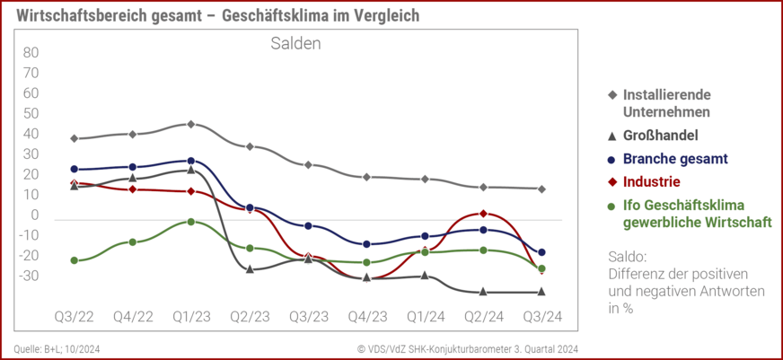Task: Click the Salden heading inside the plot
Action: point(295,43)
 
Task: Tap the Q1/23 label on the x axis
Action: point(190,317)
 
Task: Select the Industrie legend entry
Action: point(664,181)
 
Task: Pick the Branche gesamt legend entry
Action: point(674,159)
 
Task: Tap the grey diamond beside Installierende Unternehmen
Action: point(611,94)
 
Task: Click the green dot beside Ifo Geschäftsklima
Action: point(611,205)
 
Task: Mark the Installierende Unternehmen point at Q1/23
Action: point(190,124)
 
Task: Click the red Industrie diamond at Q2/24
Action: point(483,214)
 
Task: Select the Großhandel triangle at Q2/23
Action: point(250,268)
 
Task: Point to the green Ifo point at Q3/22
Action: point(75,260)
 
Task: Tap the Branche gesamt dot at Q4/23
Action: point(366,244)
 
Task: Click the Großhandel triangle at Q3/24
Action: point(541,291)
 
